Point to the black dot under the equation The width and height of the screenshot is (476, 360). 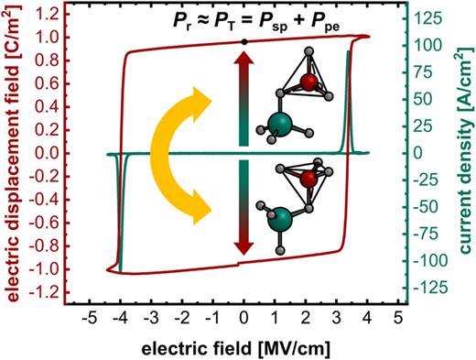(243, 42)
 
